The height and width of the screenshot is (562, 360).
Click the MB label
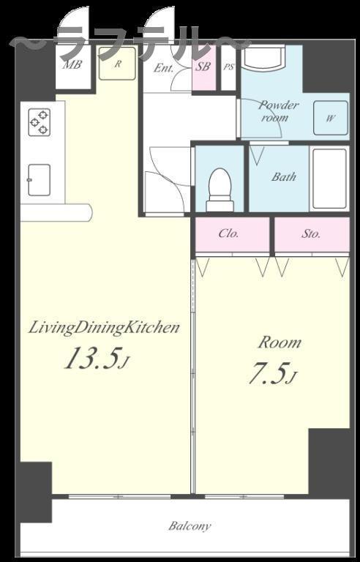click(72, 65)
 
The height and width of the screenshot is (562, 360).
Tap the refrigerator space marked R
click(118, 63)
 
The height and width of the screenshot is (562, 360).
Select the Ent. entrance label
click(163, 68)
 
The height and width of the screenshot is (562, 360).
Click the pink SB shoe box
click(204, 67)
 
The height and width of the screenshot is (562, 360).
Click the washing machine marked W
click(331, 118)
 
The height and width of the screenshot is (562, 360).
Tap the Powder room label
click(278, 111)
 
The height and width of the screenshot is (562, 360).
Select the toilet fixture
click(220, 190)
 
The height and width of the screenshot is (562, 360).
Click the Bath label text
click(284, 176)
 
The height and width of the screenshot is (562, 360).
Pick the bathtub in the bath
click(329, 179)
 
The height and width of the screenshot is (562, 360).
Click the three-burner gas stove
click(40, 122)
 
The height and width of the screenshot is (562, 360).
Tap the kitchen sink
click(39, 180)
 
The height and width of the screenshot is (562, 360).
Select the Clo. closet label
click(228, 233)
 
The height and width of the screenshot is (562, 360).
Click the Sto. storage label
click(310, 234)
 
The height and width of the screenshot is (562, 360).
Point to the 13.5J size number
click(96, 359)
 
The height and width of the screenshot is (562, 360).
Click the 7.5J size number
click(272, 374)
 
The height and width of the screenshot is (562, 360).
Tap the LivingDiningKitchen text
click(104, 329)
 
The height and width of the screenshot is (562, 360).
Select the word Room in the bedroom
click(280, 343)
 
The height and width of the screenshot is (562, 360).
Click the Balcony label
click(190, 526)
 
